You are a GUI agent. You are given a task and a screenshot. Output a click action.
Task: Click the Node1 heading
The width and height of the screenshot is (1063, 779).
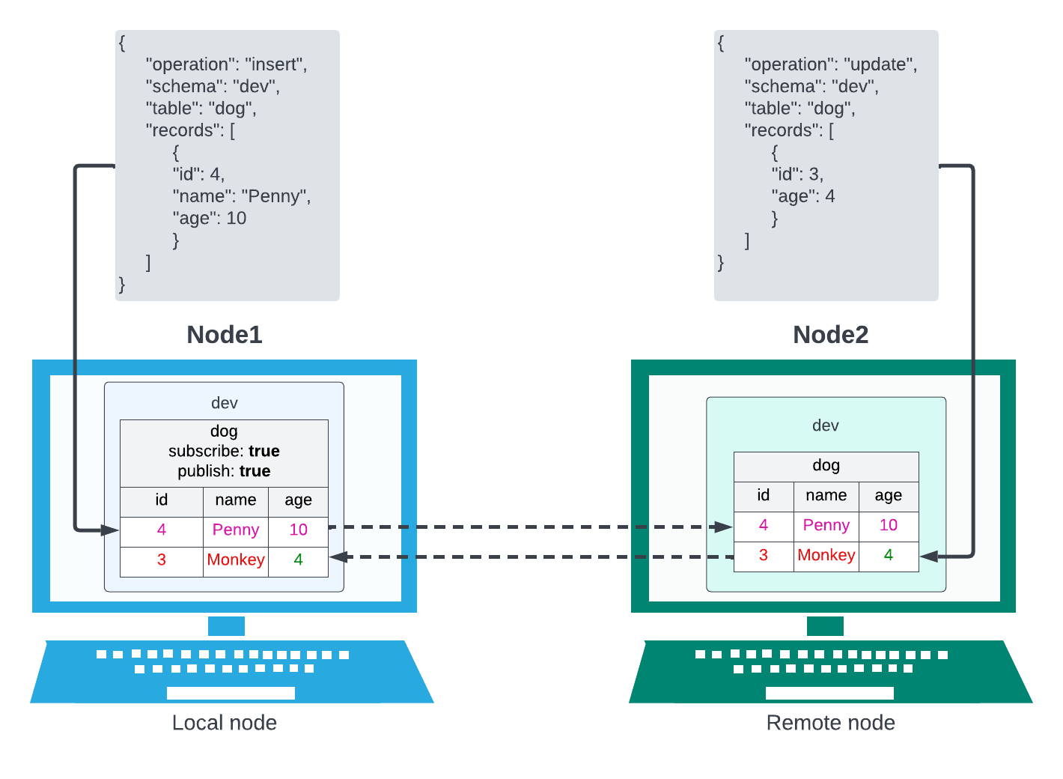(x=225, y=334)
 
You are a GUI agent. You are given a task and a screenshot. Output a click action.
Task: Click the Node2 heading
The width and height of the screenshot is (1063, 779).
(x=831, y=334)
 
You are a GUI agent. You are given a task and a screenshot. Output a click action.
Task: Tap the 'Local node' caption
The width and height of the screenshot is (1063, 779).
(x=225, y=723)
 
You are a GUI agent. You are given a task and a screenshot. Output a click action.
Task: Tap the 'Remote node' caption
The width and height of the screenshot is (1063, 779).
(x=831, y=723)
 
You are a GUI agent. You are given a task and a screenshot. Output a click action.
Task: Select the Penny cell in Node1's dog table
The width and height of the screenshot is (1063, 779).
(x=236, y=530)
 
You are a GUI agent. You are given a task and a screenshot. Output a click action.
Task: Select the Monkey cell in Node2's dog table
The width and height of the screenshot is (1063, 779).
(x=826, y=556)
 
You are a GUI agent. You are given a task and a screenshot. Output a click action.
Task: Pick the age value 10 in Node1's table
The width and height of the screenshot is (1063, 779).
(x=298, y=530)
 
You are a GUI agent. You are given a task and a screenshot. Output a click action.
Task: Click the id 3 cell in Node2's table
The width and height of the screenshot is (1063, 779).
(x=764, y=556)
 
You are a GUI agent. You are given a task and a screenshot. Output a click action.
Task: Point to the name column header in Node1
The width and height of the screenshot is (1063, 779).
(x=236, y=500)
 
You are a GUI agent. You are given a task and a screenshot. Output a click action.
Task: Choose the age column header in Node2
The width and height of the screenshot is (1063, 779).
(x=889, y=496)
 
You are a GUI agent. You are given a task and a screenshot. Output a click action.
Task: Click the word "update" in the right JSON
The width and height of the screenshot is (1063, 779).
(x=880, y=65)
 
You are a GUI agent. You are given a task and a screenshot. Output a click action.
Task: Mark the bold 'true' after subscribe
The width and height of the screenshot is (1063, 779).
(x=264, y=451)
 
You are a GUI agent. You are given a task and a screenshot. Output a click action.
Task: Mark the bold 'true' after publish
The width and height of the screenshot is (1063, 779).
(x=255, y=471)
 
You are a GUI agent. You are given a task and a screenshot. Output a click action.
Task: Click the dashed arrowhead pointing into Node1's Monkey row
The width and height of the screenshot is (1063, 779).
(x=338, y=557)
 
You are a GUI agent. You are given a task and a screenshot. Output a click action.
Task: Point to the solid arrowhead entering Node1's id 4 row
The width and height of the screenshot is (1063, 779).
(x=110, y=530)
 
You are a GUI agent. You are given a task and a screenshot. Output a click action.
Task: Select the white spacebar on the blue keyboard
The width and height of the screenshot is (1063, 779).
(x=231, y=693)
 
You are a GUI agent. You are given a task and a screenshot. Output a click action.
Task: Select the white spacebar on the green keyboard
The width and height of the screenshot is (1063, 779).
(x=829, y=693)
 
